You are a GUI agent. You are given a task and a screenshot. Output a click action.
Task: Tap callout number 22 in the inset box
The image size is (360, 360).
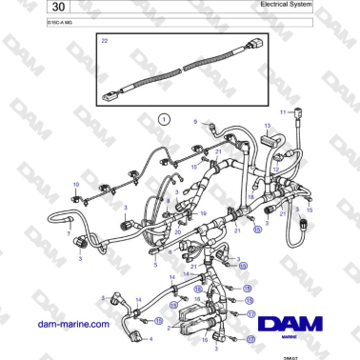pos(104,41)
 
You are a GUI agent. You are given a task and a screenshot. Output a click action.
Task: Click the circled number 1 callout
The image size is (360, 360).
pos(163,120)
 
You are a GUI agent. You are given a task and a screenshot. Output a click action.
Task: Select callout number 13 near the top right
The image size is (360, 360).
pos(268,125)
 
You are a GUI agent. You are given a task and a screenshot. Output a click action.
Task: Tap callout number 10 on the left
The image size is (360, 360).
pos(76,183)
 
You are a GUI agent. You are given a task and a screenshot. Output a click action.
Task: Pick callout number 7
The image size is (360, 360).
pos(68,231)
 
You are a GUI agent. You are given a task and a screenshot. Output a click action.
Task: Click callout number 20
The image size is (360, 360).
pos(177,230)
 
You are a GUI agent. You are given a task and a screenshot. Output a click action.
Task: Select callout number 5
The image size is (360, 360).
pos(155,266)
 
